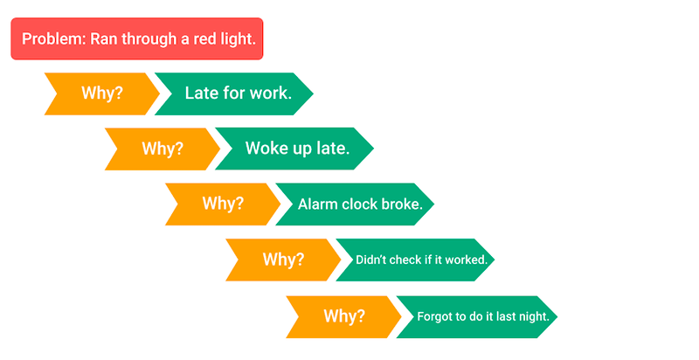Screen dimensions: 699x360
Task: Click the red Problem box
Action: pos(137,38)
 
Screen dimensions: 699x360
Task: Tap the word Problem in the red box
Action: pos(52,38)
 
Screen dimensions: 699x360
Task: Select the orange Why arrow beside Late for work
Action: pos(102,93)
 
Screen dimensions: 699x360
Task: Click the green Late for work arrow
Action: pos(234,93)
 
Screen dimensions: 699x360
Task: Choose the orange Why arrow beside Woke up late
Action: pos(163,149)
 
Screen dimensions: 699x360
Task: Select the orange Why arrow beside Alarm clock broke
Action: pos(223,204)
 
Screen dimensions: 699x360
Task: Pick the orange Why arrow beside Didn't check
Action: pos(283,260)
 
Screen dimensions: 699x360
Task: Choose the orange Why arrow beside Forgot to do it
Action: pos(343,317)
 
